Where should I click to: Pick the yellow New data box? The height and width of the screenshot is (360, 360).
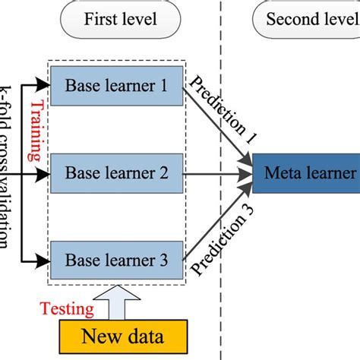122,334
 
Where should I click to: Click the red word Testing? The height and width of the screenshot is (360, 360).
69,309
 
